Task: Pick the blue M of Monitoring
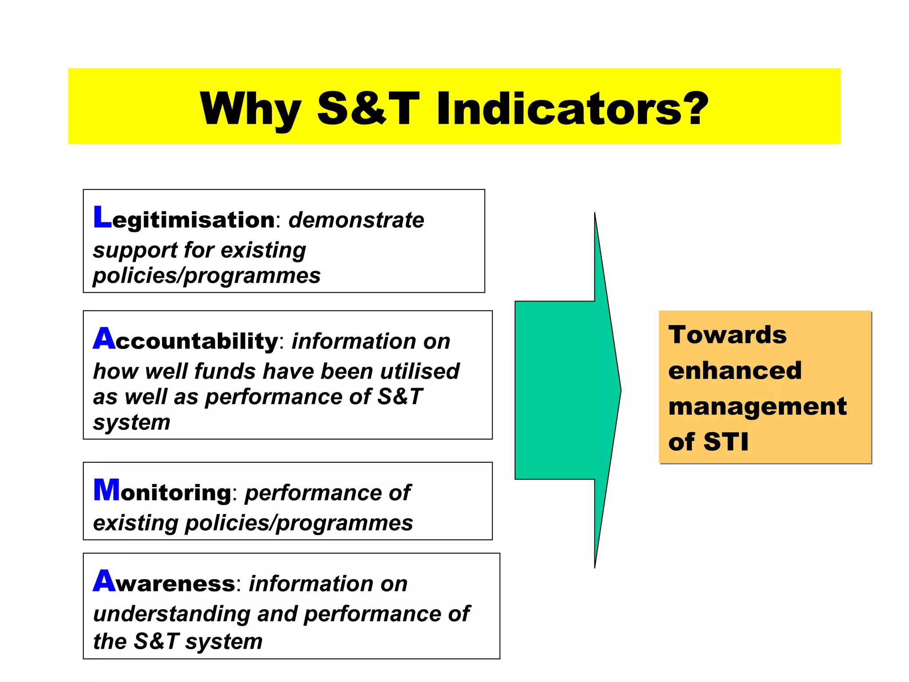pyautogui.click(x=107, y=490)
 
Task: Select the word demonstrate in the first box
pyautogui.click(x=356, y=220)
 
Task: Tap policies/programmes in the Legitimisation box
pyautogui.click(x=206, y=276)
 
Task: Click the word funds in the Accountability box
pyautogui.click(x=225, y=371)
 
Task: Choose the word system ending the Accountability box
pyautogui.click(x=131, y=422)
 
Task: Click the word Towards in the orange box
pyautogui.click(x=727, y=335)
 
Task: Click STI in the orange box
pyautogui.click(x=726, y=442)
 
